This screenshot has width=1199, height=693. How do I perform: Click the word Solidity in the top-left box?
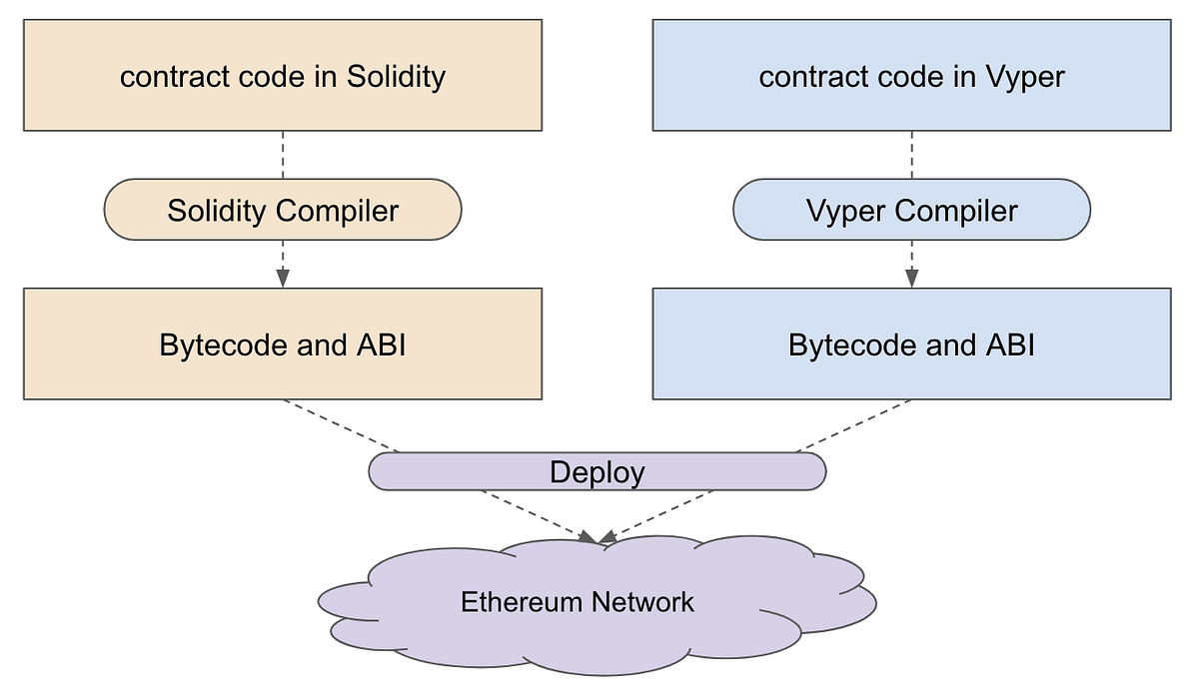pos(396,77)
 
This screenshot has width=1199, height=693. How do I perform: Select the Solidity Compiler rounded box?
pos(283,210)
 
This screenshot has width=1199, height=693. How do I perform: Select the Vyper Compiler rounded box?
pos(911,210)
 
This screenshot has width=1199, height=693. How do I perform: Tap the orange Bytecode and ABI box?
pos(283,345)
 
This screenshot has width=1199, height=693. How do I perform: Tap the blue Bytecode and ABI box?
pos(911,345)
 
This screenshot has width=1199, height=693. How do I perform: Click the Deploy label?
pos(598,471)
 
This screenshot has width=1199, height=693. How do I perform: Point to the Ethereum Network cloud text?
pos(577,602)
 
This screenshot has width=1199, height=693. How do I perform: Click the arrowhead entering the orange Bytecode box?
pos(283,280)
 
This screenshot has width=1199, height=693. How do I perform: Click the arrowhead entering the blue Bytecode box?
pos(911,280)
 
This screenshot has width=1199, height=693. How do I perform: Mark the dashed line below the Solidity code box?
pos(283,155)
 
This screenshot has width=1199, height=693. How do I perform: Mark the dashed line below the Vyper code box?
pos(911,155)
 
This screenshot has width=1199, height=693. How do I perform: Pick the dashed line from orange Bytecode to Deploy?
pos(340,425)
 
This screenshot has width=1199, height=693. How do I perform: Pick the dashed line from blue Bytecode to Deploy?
pos(855,425)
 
